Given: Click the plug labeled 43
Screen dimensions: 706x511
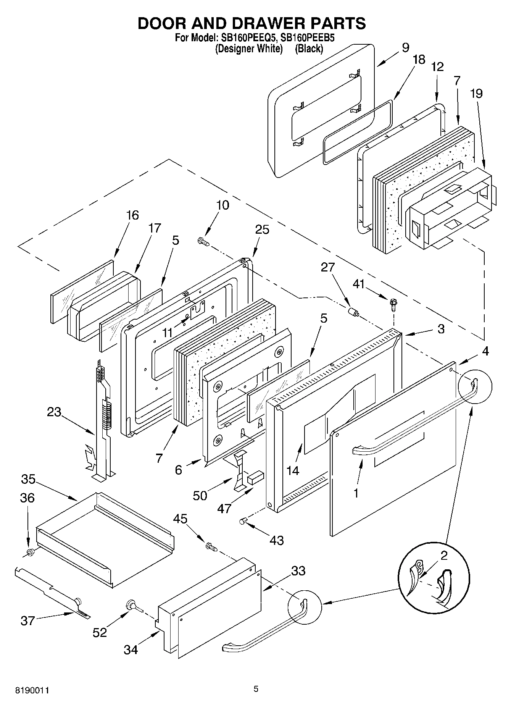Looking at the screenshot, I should click(x=243, y=521).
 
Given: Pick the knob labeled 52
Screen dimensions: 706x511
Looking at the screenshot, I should click(x=132, y=605).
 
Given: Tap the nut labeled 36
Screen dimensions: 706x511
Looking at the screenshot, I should click(x=30, y=551).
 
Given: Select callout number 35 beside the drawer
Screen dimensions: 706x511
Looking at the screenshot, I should click(x=28, y=479).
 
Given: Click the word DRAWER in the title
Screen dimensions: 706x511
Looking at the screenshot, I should click(x=262, y=23).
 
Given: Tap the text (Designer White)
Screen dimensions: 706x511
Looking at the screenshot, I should click(x=248, y=48).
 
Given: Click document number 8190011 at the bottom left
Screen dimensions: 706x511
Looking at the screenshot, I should click(x=32, y=690).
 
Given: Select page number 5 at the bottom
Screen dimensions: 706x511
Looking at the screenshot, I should click(x=256, y=689).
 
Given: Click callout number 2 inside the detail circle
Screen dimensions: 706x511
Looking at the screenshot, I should click(x=443, y=556).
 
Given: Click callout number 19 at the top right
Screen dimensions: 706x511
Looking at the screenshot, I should click(x=476, y=93).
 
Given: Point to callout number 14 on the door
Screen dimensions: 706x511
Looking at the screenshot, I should click(x=293, y=470).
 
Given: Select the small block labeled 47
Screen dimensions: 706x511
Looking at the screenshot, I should click(x=255, y=476).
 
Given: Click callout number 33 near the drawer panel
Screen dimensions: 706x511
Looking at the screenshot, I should click(x=298, y=571).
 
